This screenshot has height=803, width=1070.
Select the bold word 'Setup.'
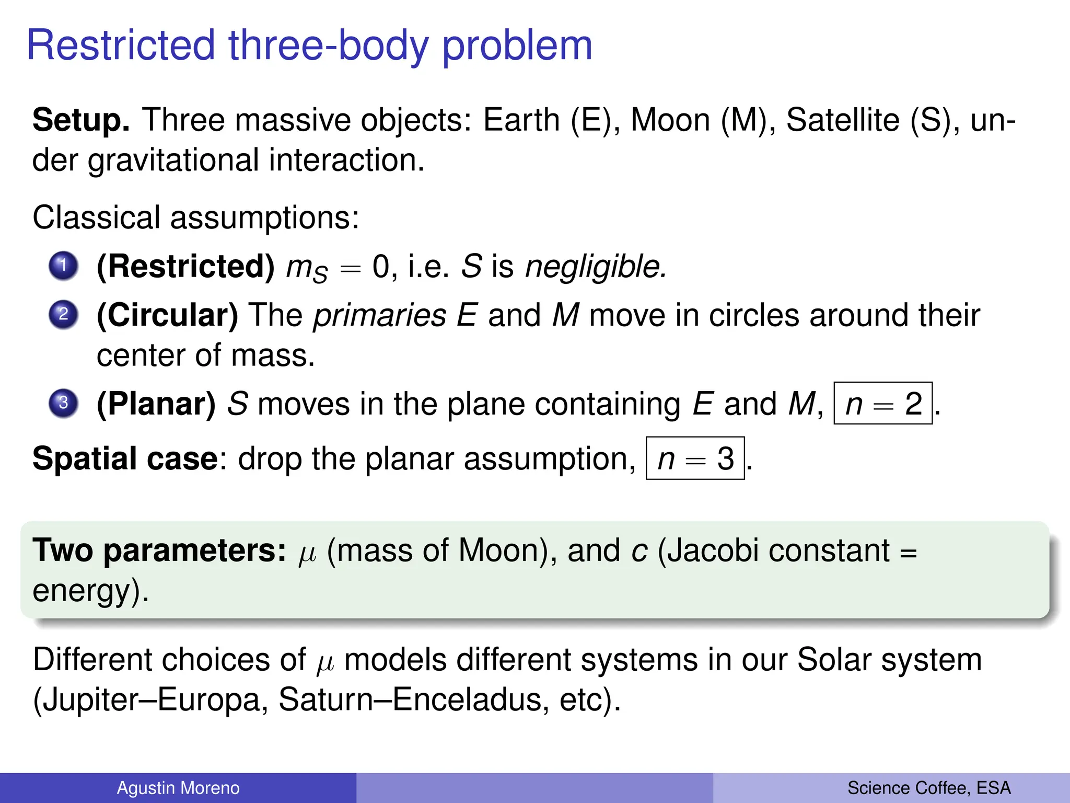pyautogui.click(x=81, y=120)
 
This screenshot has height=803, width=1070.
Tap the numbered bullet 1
pyautogui.click(x=63, y=266)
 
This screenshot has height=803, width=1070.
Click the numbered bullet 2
pyautogui.click(x=63, y=315)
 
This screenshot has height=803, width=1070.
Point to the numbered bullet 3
pyautogui.click(x=63, y=403)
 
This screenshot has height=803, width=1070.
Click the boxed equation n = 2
pyautogui.click(x=883, y=404)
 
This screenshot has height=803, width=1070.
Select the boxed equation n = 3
pyautogui.click(x=695, y=458)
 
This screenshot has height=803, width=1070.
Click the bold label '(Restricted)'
pyautogui.click(x=185, y=267)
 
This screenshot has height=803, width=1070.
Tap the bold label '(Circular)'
pyautogui.click(x=167, y=316)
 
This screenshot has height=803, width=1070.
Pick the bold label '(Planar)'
pyautogui.click(x=156, y=404)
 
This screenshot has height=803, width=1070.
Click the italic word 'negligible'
pyautogui.click(x=595, y=267)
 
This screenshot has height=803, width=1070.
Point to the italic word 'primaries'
pyautogui.click(x=380, y=316)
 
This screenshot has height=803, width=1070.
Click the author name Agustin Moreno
pyautogui.click(x=178, y=788)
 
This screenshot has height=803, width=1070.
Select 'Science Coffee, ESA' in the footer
pyautogui.click(x=929, y=788)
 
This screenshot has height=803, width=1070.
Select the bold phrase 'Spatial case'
pyautogui.click(x=125, y=458)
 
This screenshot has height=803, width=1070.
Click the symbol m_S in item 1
pyautogui.click(x=307, y=269)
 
